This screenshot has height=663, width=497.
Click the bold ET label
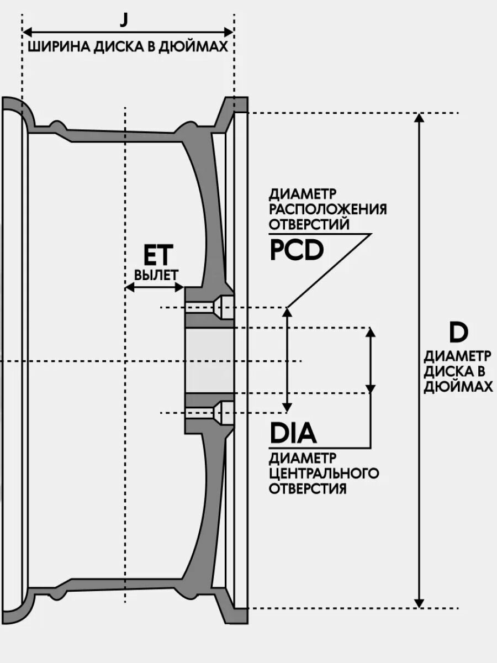158,256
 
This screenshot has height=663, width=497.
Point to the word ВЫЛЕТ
156,275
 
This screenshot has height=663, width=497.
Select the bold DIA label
293,434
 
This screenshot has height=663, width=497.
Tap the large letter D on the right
458,333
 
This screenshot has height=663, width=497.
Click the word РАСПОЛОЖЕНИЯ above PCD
327,209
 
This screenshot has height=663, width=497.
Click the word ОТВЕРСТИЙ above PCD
309,224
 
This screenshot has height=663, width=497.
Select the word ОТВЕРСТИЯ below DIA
308,489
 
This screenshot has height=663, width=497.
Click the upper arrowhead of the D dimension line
420,118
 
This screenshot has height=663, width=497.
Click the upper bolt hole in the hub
210,307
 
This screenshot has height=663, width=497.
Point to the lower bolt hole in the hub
210,412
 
